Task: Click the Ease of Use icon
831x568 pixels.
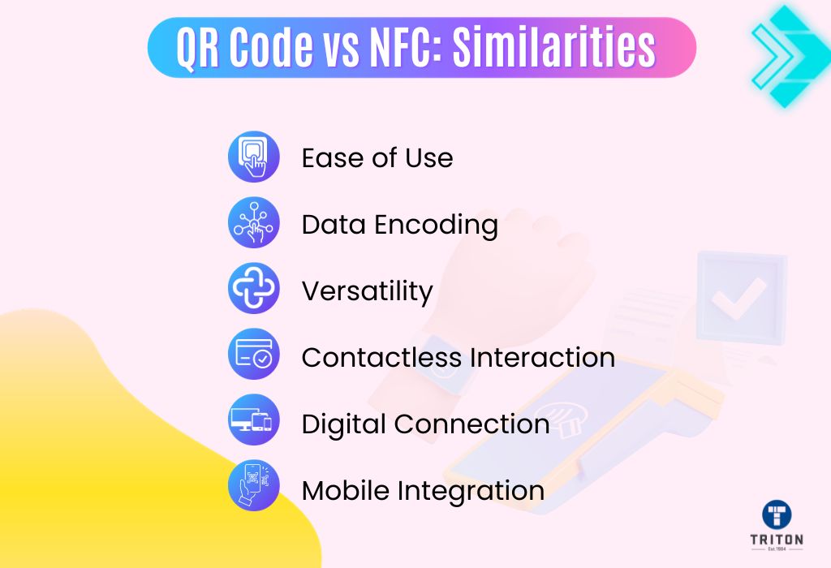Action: [254, 157]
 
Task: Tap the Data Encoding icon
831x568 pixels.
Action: [254, 222]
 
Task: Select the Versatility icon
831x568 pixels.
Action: [254, 288]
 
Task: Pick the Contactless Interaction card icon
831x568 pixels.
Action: [254, 354]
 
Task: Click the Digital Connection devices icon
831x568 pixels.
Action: [254, 420]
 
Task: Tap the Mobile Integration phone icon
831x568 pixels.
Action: [254, 485]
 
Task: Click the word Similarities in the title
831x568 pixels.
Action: [553, 46]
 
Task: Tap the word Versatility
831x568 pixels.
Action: [368, 290]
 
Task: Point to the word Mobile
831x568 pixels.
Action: [346, 490]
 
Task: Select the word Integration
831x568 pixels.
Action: [471, 492]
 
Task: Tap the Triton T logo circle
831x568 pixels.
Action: [777, 514]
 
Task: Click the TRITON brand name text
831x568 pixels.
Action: [777, 540]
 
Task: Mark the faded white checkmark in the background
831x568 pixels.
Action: [738, 298]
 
